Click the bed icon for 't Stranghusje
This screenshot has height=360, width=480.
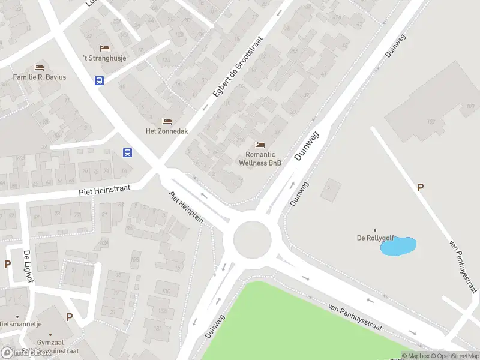104,48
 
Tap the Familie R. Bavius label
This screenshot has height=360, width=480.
40,77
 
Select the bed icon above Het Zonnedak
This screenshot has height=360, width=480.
167,122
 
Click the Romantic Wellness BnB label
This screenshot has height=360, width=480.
260,158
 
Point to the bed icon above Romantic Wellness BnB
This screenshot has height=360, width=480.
260,145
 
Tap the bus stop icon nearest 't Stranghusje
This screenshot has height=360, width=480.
100,80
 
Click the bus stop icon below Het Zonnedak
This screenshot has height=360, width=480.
128,152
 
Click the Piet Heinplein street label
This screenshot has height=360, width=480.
186,208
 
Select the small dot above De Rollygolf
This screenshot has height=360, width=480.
375,230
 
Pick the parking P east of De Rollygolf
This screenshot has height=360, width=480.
421,188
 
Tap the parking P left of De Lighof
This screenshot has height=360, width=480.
8,264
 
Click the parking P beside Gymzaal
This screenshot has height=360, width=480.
69,317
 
